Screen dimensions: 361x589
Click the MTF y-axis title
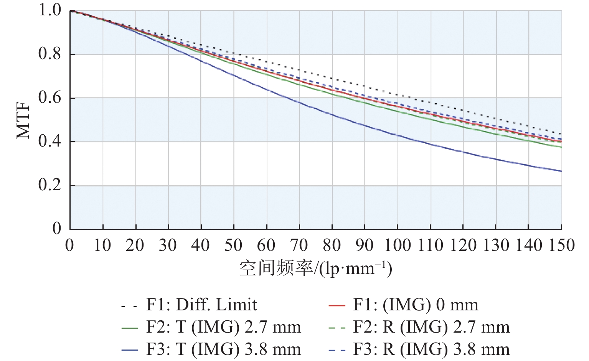coord(24,120)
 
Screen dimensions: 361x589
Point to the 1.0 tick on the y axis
coord(50,10)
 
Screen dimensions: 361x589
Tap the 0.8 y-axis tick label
coord(50,54)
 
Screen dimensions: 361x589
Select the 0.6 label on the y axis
coord(50,98)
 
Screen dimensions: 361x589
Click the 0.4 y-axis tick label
coord(50,142)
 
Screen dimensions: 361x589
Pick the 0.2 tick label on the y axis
coord(50,185)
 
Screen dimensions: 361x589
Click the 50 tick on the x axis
coord(233,245)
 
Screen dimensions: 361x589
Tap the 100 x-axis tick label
coord(398,245)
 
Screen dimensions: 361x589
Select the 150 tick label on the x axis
coord(561,245)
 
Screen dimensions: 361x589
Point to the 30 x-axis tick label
coord(168,245)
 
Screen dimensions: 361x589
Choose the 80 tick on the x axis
coord(332,245)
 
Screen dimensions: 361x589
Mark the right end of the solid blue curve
coord(561,171)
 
